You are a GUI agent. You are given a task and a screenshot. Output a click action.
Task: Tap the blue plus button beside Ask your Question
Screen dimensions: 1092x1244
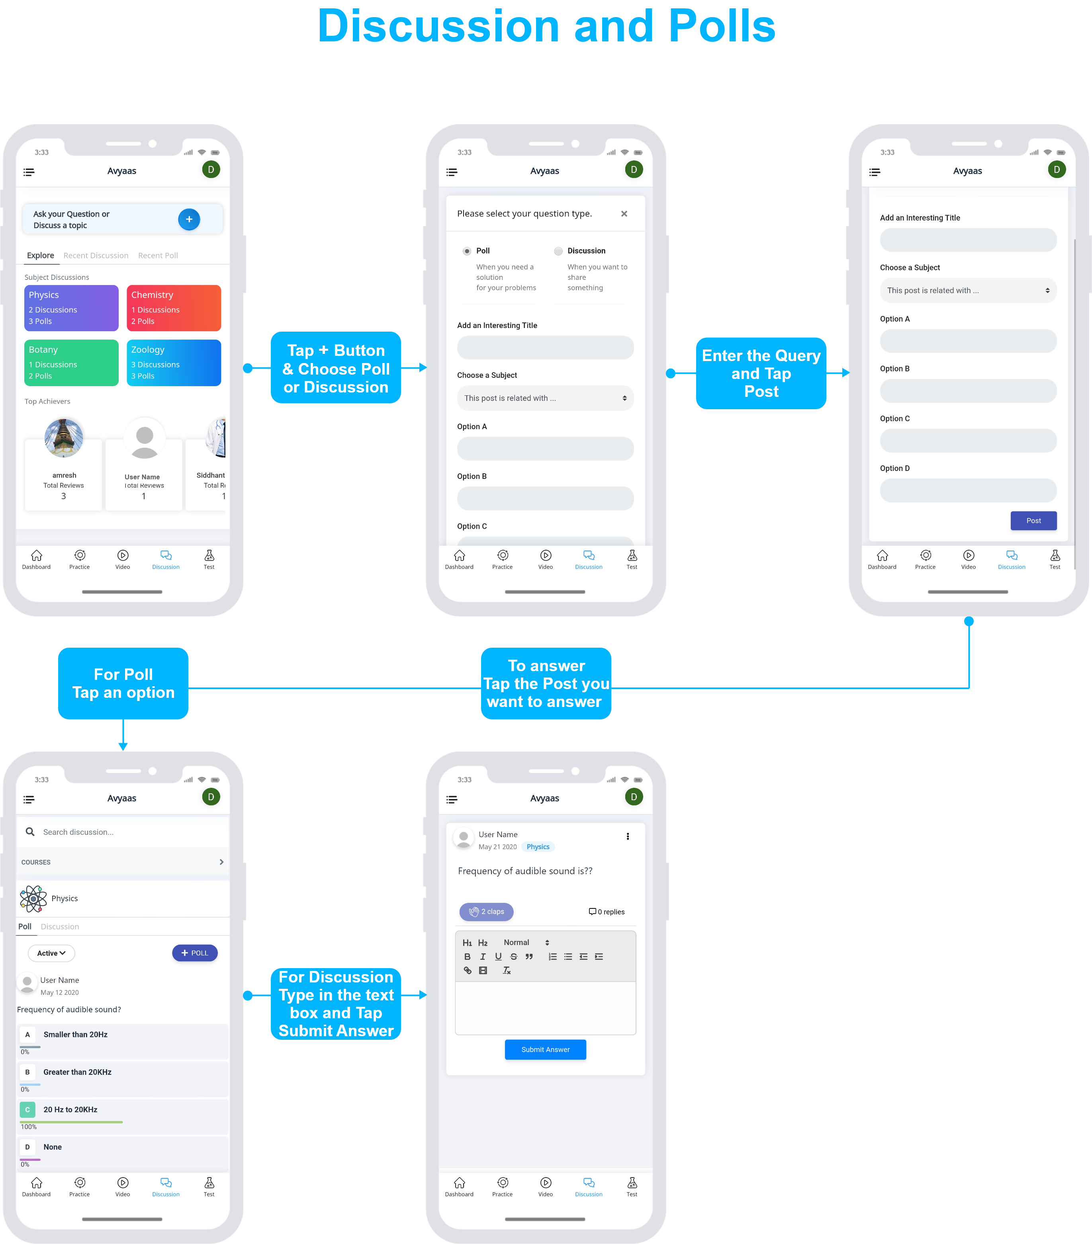click(189, 219)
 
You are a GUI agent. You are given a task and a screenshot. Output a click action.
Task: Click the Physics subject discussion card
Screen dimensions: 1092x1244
click(71, 308)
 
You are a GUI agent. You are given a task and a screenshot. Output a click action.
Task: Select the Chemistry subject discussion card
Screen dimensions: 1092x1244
click(174, 308)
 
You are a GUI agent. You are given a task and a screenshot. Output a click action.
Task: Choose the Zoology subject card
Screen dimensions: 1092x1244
click(174, 363)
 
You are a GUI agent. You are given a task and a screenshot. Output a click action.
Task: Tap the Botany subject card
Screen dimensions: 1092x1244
click(71, 363)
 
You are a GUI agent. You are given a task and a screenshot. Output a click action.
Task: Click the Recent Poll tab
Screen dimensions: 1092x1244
click(158, 256)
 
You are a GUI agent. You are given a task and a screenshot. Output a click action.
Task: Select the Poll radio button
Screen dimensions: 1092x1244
click(466, 251)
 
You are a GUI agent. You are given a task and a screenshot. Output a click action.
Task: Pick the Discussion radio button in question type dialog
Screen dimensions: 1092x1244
click(558, 251)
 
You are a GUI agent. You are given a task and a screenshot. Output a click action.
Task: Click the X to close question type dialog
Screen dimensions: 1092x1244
click(624, 214)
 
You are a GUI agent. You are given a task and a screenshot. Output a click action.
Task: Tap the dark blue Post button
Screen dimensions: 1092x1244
click(1033, 520)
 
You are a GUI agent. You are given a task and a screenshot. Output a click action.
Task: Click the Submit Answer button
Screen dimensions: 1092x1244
click(545, 1049)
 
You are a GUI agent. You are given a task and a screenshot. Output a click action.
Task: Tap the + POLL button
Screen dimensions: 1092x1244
click(195, 953)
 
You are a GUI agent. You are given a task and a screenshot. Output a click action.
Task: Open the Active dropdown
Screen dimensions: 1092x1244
click(51, 953)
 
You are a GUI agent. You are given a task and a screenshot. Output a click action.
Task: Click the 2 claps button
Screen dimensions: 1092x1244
click(487, 912)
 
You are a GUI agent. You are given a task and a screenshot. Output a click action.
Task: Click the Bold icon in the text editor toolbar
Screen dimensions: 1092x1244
click(467, 957)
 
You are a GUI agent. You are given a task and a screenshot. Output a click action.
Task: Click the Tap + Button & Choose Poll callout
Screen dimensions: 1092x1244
click(336, 367)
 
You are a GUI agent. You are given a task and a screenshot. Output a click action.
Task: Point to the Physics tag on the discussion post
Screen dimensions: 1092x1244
click(538, 847)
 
